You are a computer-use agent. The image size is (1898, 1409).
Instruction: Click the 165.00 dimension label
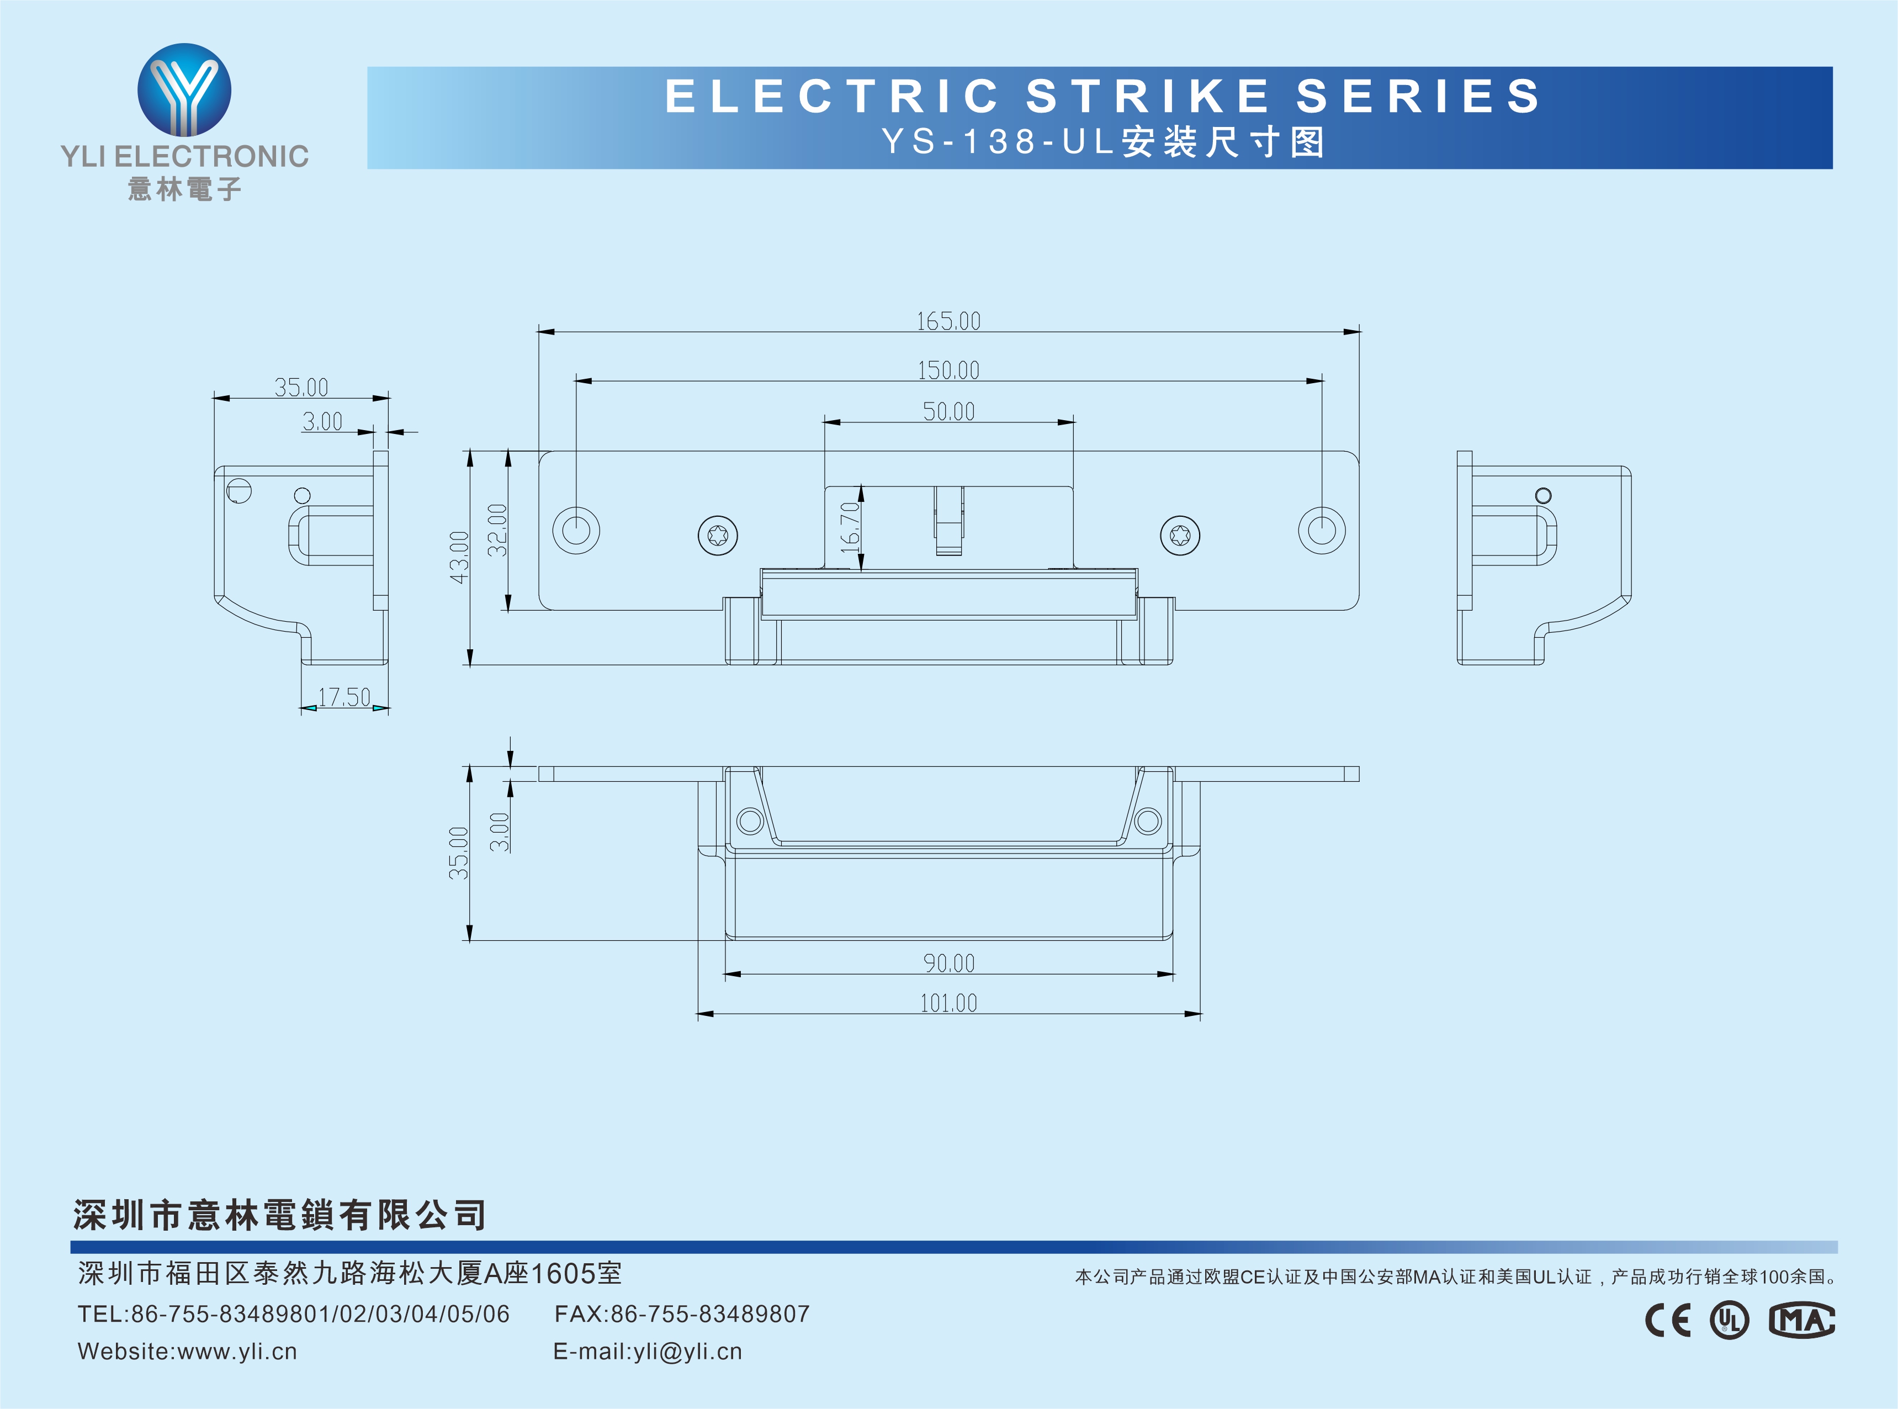click(x=948, y=321)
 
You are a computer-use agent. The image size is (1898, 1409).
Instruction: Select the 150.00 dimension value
click(x=948, y=370)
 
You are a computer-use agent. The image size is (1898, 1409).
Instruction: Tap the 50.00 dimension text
click(x=948, y=412)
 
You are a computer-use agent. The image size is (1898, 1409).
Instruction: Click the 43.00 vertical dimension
click(x=459, y=558)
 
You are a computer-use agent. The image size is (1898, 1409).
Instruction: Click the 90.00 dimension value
click(x=948, y=963)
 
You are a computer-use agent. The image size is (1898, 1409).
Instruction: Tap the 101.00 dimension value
click(x=948, y=1003)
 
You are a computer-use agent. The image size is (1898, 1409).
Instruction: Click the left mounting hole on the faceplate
click(x=576, y=529)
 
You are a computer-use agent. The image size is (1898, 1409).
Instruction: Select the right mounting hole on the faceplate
click(x=1322, y=529)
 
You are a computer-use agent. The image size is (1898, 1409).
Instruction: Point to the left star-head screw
click(x=718, y=536)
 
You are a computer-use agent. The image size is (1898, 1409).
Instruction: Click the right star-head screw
click(x=1180, y=536)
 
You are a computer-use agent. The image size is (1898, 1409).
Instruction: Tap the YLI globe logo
click(x=184, y=89)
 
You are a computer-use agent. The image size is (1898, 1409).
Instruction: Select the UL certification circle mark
click(x=1729, y=1320)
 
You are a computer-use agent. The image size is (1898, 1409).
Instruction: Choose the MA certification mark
click(x=1801, y=1320)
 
